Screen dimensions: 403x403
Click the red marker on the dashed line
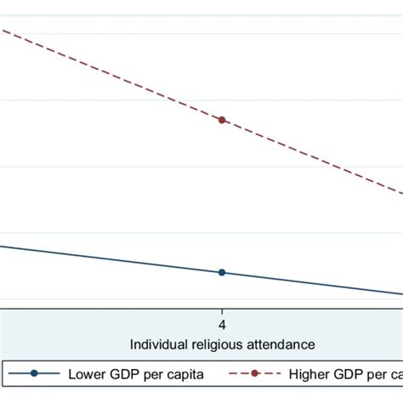pyautogui.click(x=222, y=120)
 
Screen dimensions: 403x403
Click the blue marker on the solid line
pyautogui.click(x=222, y=272)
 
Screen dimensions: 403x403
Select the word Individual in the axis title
pyautogui.click(x=158, y=344)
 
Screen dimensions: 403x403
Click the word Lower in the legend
pyautogui.click(x=86, y=373)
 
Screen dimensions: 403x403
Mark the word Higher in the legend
pyautogui.click(x=310, y=373)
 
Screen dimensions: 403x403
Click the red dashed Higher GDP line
pyautogui.click(x=111, y=74)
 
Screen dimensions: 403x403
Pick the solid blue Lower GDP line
pyautogui.click(x=111, y=259)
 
